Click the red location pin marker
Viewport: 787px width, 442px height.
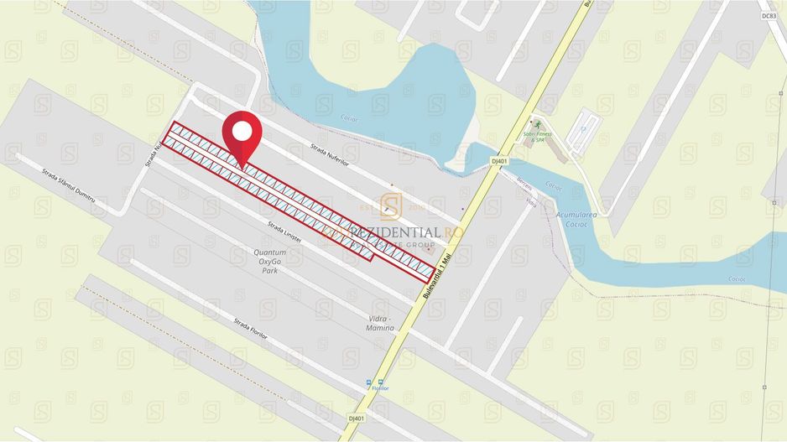242,139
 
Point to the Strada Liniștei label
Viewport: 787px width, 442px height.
284,232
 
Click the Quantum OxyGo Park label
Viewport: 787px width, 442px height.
269,262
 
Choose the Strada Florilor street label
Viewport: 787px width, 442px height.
250,327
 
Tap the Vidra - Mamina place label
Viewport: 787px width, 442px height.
381,324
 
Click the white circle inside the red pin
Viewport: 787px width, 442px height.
242,131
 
